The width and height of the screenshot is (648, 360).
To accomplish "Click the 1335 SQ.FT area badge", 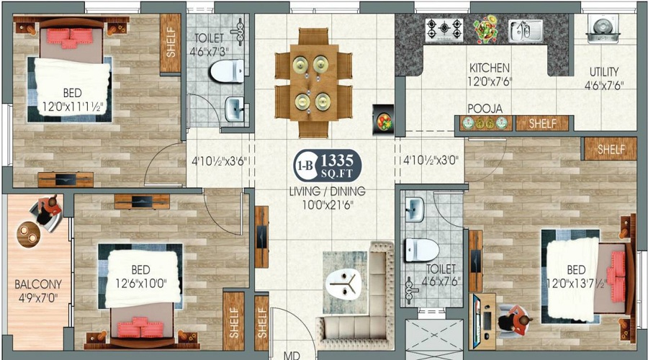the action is point(328,166).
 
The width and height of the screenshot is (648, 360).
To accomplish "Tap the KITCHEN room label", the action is point(490,68).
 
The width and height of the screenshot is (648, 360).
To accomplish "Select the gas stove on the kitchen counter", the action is point(444,30).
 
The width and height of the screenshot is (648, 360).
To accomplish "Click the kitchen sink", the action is point(526,31).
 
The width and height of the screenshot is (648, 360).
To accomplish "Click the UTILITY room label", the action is point(604,71).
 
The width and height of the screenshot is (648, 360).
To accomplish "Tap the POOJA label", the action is point(485,109).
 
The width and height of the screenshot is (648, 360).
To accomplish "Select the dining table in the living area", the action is point(314,83).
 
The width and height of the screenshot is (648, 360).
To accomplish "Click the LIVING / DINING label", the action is point(327,192).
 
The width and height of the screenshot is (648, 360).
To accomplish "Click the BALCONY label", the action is point(38,284).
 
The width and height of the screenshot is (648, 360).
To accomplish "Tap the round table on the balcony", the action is point(28,234).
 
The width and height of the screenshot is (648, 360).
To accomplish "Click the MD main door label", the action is point(292,356).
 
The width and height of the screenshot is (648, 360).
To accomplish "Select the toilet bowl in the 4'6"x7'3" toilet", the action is point(227,71).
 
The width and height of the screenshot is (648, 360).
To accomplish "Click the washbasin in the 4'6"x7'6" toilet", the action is point(414,210).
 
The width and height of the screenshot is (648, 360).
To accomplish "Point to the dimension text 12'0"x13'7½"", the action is point(577,284).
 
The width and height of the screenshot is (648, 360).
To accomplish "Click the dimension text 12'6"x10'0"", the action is point(141,284).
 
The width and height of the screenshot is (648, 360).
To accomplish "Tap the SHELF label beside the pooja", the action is point(543,123).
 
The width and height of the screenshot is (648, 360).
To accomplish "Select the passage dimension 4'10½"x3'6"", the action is point(219,161).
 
